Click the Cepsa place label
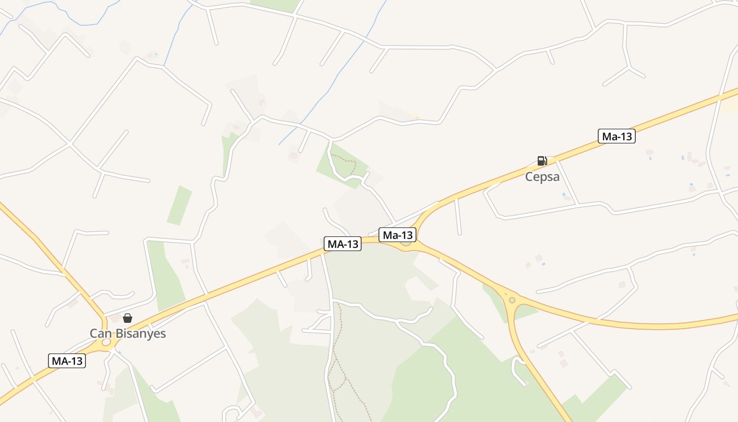point(542,177)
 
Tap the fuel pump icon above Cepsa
point(542,161)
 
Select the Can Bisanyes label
point(128,333)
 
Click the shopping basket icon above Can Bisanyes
point(128,318)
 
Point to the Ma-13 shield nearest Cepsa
point(617,136)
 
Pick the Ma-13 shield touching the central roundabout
point(398,235)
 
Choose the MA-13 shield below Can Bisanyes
point(67,361)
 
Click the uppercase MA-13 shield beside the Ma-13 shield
point(343,244)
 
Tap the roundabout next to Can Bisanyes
point(106,342)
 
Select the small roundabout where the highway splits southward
point(512,300)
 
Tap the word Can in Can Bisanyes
point(100,333)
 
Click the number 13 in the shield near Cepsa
point(625,136)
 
